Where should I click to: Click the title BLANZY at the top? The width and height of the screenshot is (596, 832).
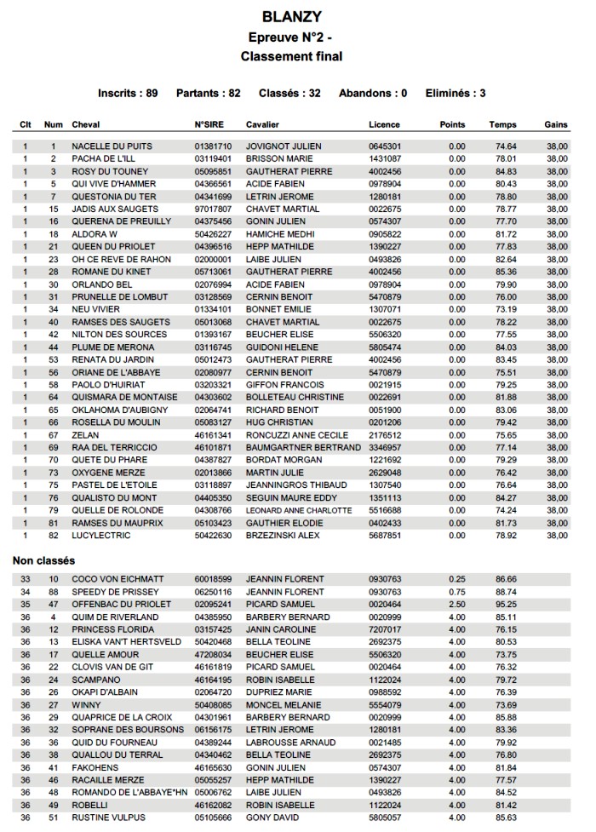click(x=292, y=16)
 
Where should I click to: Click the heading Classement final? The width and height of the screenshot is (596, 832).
click(x=292, y=56)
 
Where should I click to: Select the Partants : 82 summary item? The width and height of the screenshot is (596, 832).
click(x=208, y=93)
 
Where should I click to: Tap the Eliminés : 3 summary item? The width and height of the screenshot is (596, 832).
click(x=456, y=93)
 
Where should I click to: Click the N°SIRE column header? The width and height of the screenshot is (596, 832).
click(x=209, y=124)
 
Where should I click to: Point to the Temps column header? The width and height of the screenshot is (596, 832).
click(x=503, y=124)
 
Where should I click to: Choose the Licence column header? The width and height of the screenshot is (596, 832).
click(x=384, y=124)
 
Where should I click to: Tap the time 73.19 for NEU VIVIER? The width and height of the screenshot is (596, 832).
click(x=507, y=308)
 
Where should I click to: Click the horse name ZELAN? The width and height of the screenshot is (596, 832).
click(x=86, y=434)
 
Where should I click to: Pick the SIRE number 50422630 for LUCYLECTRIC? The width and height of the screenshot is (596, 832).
click(x=213, y=535)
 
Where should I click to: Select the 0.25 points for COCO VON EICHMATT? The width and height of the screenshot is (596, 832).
click(x=457, y=579)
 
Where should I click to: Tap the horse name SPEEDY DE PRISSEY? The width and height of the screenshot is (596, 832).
click(x=115, y=591)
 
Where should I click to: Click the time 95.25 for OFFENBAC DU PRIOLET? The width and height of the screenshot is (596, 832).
click(x=507, y=604)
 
